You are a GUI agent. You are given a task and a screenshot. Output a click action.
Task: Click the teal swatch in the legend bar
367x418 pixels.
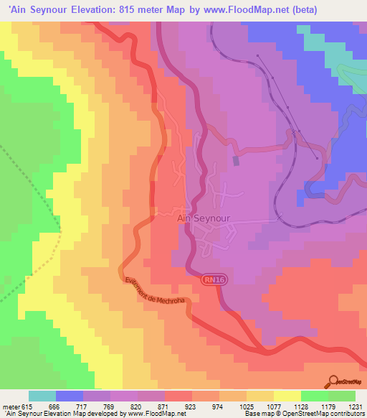point(42,396)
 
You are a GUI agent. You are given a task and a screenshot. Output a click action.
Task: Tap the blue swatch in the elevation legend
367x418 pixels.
point(70,396)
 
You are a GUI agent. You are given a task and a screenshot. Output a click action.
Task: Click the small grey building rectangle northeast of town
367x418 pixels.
point(236,161)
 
